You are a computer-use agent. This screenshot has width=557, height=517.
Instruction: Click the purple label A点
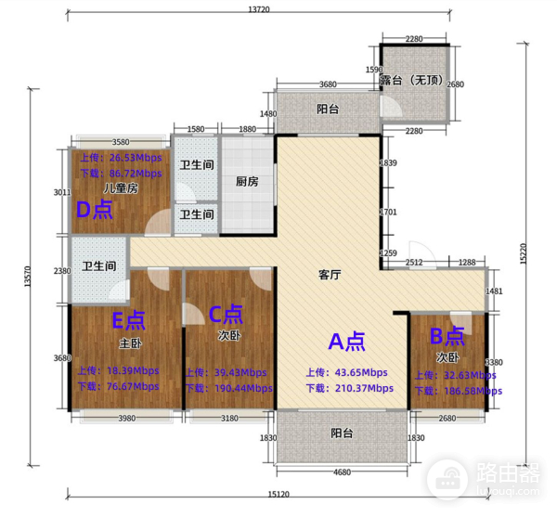(343, 342)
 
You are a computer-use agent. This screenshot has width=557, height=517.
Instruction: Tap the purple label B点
(446, 337)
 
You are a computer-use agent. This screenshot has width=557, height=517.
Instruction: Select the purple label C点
(226, 314)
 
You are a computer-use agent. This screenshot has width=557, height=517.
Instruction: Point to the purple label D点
(94, 210)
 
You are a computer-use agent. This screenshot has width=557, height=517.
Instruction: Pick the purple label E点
(128, 320)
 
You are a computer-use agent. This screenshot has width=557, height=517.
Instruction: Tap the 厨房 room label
(246, 182)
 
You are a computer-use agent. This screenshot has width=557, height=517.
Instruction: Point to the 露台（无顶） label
(415, 82)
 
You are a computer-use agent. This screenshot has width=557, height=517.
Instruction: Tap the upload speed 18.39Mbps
(118, 369)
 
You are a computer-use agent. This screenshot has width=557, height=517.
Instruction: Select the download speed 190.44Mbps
(228, 388)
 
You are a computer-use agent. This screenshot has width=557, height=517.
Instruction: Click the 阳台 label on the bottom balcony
(341, 433)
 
